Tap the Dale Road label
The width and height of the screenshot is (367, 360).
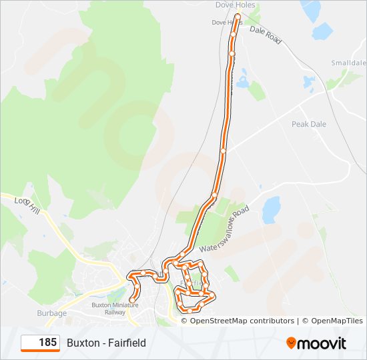click(266, 35)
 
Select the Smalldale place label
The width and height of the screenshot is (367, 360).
click(348, 63)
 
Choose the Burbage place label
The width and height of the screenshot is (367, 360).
click(51, 313)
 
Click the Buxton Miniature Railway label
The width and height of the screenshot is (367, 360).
click(115, 308)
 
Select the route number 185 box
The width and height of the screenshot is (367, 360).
click(40, 343)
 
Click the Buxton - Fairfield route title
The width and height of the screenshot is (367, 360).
click(106, 343)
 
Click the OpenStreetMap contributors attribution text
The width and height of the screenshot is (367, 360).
click(238, 321)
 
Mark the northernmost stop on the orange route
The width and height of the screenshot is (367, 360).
click(237, 16)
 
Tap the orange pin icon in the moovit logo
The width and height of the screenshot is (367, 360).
click(292, 343)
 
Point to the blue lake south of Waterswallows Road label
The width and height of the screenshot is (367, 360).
click(271, 209)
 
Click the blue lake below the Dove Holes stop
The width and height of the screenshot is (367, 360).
click(242, 81)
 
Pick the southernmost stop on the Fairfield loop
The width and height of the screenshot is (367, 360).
click(190, 311)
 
